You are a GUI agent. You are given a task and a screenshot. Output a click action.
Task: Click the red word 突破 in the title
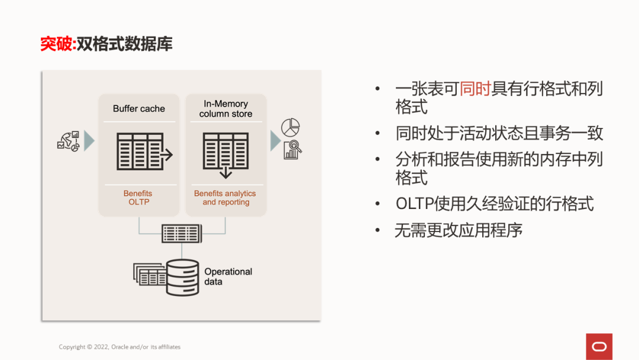56,44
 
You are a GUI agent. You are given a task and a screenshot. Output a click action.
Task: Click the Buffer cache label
139,109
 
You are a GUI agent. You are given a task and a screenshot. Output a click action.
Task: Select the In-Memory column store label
225,109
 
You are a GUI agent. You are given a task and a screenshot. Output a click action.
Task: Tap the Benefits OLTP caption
138,198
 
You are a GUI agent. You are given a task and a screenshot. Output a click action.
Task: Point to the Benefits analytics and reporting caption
225,198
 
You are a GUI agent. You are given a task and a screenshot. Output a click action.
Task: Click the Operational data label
228,277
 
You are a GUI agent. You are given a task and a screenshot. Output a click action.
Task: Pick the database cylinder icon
182,277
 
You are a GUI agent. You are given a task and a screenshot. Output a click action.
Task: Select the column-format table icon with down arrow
225,153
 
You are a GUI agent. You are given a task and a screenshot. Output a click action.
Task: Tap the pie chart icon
291,127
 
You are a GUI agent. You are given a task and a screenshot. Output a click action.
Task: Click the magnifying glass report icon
293,150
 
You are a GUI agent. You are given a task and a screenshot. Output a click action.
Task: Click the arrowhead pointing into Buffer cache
89,141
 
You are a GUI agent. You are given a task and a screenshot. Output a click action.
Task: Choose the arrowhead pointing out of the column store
275,141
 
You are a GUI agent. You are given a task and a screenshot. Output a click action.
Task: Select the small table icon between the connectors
182,233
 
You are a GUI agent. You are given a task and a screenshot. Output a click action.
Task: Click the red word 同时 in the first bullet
475,89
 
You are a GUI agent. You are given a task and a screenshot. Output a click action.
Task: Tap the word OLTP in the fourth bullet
414,204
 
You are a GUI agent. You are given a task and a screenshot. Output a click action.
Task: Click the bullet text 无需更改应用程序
459,230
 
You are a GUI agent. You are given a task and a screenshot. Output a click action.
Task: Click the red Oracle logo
599,346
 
